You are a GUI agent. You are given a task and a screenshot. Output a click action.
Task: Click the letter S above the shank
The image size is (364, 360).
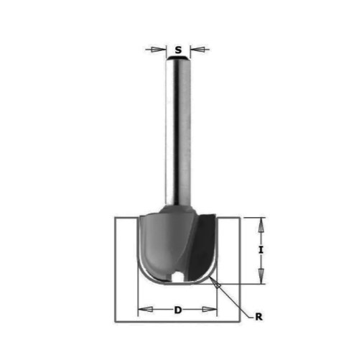(x=178, y=50)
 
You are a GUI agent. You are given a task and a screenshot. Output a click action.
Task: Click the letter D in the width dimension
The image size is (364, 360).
(x=178, y=310)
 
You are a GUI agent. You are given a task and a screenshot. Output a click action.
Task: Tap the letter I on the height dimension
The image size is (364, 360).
(x=261, y=250)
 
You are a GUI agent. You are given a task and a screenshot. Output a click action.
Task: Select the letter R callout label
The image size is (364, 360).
(x=258, y=317)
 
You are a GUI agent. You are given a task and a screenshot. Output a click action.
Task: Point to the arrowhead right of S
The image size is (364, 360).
(x=197, y=50)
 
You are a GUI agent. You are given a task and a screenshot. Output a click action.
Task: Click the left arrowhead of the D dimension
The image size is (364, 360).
(x=146, y=309)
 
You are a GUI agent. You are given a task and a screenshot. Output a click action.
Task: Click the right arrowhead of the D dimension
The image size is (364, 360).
(x=210, y=309)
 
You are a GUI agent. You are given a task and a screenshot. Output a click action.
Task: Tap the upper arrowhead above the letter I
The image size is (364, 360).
(x=261, y=226)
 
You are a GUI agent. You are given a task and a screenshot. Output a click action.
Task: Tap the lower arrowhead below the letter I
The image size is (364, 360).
(x=261, y=276)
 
